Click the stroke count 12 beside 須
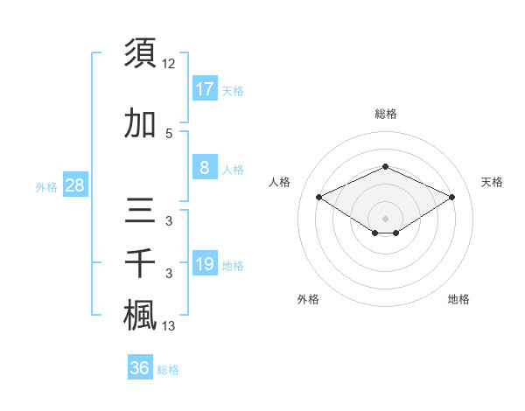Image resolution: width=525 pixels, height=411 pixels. pos(170,64)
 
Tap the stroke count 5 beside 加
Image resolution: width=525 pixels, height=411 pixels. pos(169,133)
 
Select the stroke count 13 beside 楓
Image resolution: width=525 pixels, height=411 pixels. pos(170,326)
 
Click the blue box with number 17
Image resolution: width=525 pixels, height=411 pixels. pos(204,88)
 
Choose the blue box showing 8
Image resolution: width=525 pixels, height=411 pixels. pos(204,168)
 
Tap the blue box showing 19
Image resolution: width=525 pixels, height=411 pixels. pos(204,264)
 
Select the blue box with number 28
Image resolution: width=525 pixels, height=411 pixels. pos(74,185)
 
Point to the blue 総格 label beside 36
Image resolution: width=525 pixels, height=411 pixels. pos(168,370)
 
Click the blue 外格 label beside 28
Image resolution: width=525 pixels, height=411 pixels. pos(46,187)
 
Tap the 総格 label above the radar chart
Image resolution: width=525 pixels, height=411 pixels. pos(385,114)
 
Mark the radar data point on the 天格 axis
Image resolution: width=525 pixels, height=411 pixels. pos(452,198)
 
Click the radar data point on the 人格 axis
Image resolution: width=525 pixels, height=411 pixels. pos(319,198)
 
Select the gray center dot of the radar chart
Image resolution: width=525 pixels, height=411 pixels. pos(385,218)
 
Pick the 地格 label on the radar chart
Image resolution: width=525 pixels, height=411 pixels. pos(458,299)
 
